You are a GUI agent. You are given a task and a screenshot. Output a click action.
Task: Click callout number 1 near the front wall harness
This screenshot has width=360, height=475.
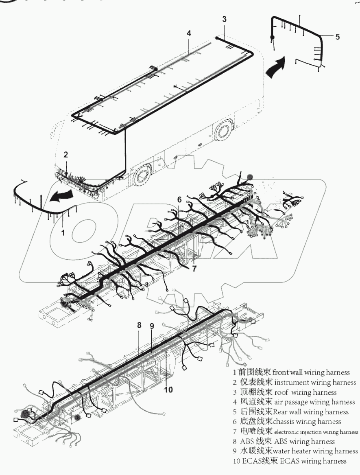pyautogui.click(x=63, y=233)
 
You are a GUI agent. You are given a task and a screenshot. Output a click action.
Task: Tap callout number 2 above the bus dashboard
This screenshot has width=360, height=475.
pyautogui.click(x=65, y=154)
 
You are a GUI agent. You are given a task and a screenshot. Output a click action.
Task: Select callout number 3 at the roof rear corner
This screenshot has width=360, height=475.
pyautogui.click(x=224, y=19)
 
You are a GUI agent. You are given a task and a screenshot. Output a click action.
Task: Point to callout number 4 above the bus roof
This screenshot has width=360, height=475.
pyautogui.click(x=189, y=33)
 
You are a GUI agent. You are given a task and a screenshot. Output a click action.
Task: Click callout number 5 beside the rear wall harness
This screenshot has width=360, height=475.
pyautogui.click(x=337, y=36)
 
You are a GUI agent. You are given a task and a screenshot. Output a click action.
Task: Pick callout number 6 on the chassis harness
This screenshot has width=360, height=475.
pyautogui.click(x=179, y=199)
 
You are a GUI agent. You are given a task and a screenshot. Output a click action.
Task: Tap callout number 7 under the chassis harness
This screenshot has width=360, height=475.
pyautogui.click(x=194, y=269)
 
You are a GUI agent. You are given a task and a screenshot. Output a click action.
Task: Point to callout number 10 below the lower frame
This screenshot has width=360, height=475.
pyautogui.click(x=168, y=390)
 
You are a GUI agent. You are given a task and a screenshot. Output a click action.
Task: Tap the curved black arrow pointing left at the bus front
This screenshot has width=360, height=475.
pyautogui.click(x=60, y=196)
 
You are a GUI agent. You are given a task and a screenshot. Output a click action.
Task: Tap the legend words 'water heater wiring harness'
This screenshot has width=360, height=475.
pyautogui.click(x=315, y=451)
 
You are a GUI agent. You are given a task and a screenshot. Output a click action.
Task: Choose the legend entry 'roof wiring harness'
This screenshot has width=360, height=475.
pyautogui.click(x=305, y=392)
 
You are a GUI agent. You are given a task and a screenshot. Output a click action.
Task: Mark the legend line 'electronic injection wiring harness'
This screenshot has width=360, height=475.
pyautogui.click(x=316, y=432)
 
